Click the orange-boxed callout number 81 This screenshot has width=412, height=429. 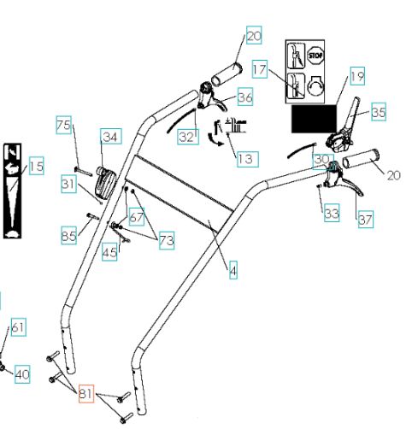tap(86, 394)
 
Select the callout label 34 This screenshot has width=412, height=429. tap(110, 137)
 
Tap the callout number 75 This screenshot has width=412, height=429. tap(63, 125)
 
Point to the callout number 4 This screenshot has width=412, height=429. tap(233, 271)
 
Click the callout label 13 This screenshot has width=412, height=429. tap(248, 159)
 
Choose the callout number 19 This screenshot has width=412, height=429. tap(357, 76)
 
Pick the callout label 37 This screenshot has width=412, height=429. tap(366, 219)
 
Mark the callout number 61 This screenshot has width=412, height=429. tap(19, 327)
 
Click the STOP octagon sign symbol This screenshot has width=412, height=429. tap(315, 55)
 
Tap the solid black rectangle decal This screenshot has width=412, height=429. tap(314, 119)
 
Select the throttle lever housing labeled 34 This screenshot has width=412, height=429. tap(104, 182)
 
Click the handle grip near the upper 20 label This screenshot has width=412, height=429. tap(227, 74)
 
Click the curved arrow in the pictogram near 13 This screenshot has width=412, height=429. tap(215, 140)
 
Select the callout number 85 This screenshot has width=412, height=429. tap(68, 236)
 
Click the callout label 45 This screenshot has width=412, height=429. tap(109, 252)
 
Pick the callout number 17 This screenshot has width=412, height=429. tap(260, 69)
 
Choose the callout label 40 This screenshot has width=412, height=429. tap(22, 374)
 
